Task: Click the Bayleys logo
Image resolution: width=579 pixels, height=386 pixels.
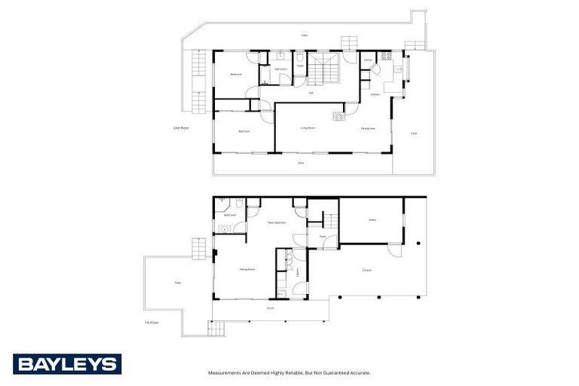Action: coord(66,364)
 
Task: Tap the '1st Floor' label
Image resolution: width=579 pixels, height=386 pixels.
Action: coord(152,323)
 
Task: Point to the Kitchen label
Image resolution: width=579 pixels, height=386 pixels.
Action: coord(375,94)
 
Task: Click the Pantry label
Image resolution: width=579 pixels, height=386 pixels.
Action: coord(369,60)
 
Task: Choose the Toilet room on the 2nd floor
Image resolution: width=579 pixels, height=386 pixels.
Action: coord(299,66)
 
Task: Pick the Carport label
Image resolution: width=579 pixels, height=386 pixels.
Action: coord(367,269)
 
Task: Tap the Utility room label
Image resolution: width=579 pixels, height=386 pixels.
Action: coord(372,219)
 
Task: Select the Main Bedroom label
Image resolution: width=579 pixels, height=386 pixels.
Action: coord(276,223)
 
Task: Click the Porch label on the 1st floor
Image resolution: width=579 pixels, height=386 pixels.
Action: coord(271,308)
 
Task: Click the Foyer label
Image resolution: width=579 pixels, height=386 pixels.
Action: coord(322,237)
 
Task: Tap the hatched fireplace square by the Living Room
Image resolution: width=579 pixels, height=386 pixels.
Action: coord(339,116)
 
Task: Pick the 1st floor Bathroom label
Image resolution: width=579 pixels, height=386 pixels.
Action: coord(230,215)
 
